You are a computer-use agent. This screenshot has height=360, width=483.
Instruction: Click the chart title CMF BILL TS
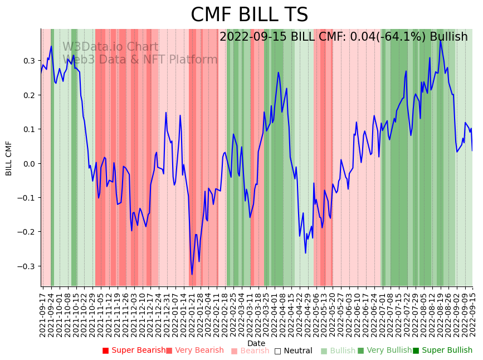[x=249, y=15]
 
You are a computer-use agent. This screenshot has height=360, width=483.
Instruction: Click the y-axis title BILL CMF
[x=9, y=158]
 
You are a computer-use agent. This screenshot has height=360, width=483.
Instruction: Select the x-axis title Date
[x=256, y=343]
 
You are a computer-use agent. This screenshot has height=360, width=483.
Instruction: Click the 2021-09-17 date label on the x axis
[x=42, y=313]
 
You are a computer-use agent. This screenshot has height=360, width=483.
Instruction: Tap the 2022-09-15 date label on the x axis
[x=473, y=313]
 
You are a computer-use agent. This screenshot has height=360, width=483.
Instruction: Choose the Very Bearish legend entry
[x=194, y=351]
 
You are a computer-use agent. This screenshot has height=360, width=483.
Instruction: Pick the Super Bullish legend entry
[x=442, y=351]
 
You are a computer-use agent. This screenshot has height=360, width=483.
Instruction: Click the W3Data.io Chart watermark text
[x=110, y=47]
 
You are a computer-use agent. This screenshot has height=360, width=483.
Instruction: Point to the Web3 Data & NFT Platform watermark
[x=140, y=60]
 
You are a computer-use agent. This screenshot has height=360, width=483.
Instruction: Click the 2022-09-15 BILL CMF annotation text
[x=343, y=37]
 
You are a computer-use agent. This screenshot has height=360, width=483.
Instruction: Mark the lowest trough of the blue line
[x=192, y=274]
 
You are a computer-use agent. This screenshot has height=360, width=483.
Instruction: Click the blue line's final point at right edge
[x=472, y=150]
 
